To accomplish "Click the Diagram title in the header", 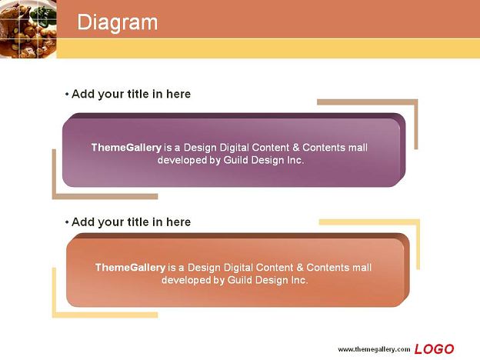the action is click(118, 22).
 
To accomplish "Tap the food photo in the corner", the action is click(28, 28).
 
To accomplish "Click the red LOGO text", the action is click(434, 349).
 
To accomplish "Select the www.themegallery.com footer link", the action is click(374, 349).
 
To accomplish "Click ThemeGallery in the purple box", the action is click(126, 148).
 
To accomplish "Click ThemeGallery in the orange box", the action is click(130, 268).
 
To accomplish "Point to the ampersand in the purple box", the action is click(295, 148).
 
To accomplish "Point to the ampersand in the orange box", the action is click(300, 268).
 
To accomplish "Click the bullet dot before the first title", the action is click(67, 95).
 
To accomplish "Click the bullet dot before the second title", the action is click(67, 222).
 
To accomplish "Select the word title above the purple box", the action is click(138, 94).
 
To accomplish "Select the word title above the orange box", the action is click(138, 222).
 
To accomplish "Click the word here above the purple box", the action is click(178, 94).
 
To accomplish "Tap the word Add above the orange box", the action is click(82, 222).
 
